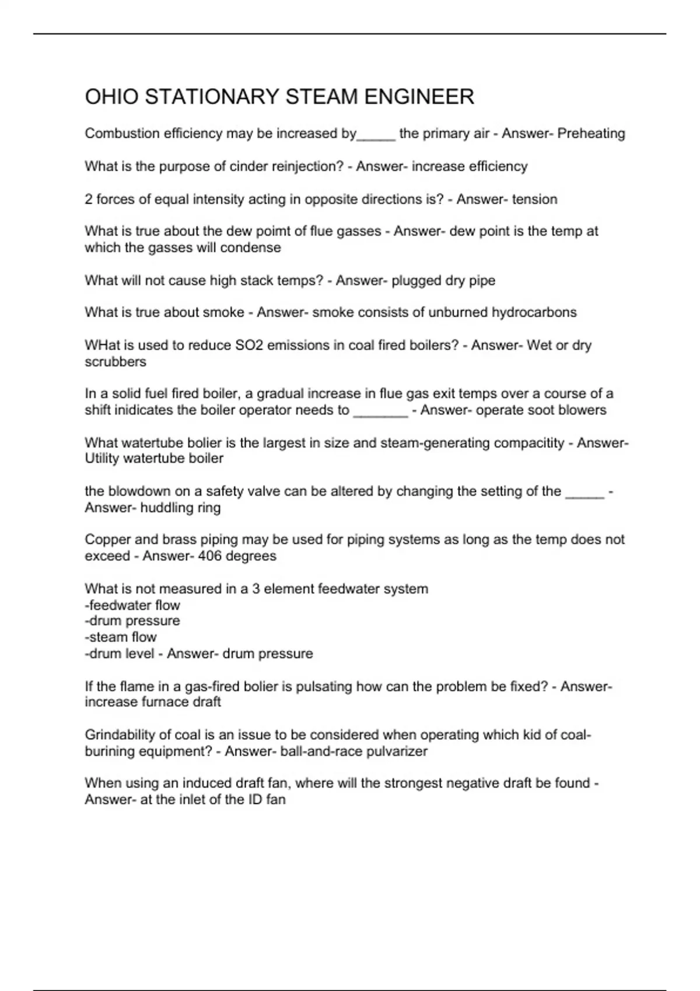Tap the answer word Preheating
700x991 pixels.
click(x=591, y=133)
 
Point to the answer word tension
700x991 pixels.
click(x=534, y=199)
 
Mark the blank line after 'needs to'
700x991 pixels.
click(x=380, y=412)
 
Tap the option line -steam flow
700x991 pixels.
click(x=121, y=637)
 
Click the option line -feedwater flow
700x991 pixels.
click(x=132, y=605)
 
